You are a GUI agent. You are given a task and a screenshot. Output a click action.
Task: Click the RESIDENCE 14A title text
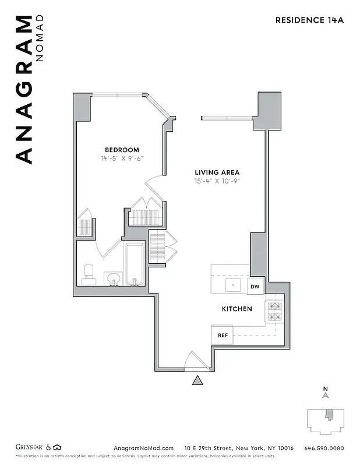click(309, 20)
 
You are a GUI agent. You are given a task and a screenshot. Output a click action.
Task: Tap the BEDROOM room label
click(122, 150)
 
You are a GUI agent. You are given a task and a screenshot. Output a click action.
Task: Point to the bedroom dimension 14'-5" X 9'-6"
click(122, 158)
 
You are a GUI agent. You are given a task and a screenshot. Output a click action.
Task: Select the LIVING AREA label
click(217, 172)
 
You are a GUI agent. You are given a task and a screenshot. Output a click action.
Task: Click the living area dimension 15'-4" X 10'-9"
click(217, 181)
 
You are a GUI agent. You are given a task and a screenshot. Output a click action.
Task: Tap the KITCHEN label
click(237, 309)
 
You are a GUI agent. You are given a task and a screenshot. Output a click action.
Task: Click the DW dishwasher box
click(255, 287)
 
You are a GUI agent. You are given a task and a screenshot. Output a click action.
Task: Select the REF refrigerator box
click(223, 336)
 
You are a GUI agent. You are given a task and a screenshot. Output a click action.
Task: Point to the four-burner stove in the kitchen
click(274, 312)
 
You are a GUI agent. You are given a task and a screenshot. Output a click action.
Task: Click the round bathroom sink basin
click(113, 278)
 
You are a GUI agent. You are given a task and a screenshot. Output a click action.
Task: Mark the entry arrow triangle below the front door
click(198, 381)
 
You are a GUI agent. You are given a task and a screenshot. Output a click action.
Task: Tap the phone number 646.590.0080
click(324, 448)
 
